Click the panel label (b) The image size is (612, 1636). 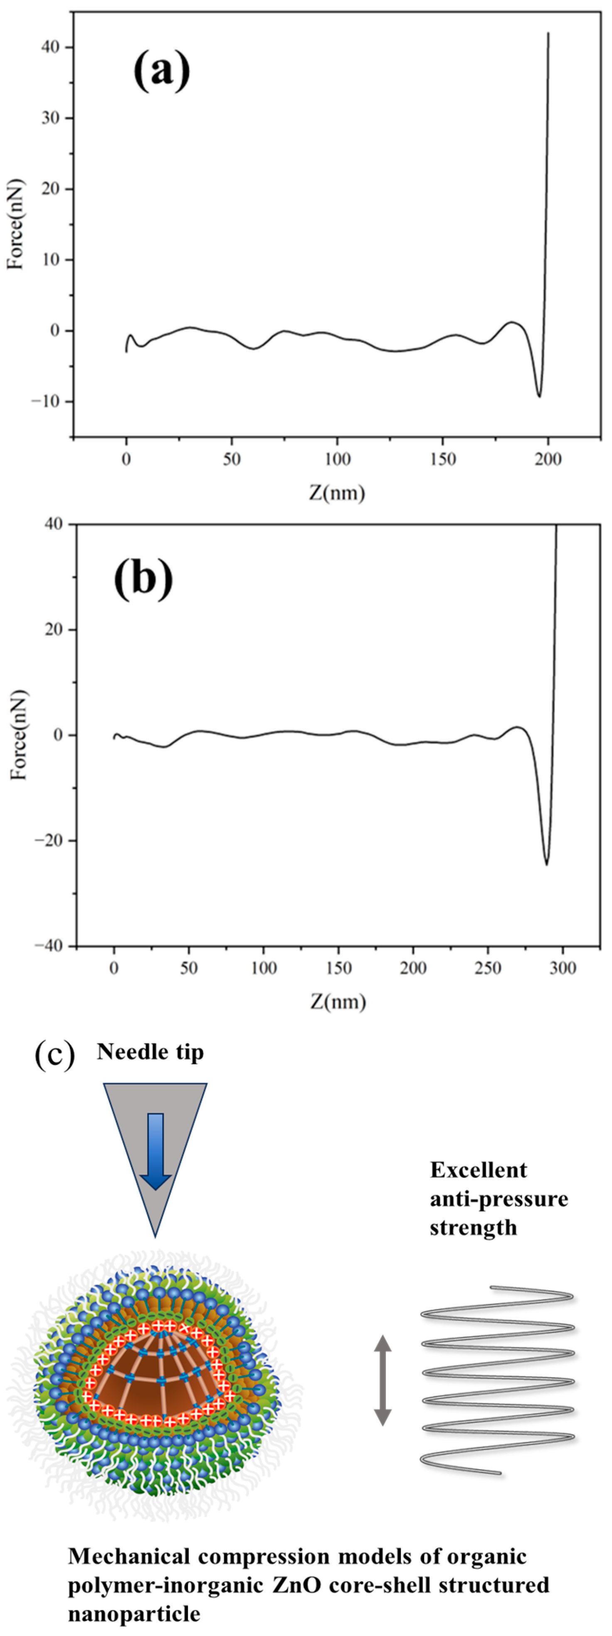[143, 579]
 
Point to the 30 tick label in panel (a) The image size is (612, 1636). [50, 118]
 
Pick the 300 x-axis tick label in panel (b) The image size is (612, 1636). [563, 968]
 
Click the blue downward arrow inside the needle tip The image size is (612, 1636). [155, 1151]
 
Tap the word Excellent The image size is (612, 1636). [478, 1170]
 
